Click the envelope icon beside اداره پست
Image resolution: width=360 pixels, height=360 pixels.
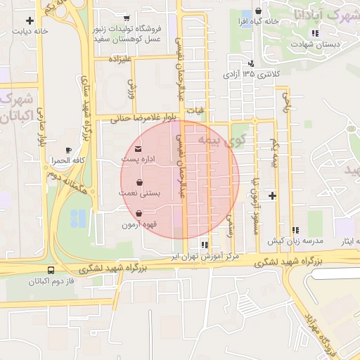tap(138, 149)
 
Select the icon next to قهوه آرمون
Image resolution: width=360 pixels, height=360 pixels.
tap(139, 214)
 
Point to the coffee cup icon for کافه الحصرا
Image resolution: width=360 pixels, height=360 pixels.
tap(68, 150)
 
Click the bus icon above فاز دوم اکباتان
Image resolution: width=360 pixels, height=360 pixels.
tap(50, 271)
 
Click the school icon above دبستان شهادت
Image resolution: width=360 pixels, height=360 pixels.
tap(316, 33)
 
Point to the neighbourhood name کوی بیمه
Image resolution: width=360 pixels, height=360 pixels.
tap(214, 140)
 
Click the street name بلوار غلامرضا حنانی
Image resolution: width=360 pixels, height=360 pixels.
tap(145, 119)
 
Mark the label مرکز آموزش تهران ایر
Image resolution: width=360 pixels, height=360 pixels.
tap(205, 257)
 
